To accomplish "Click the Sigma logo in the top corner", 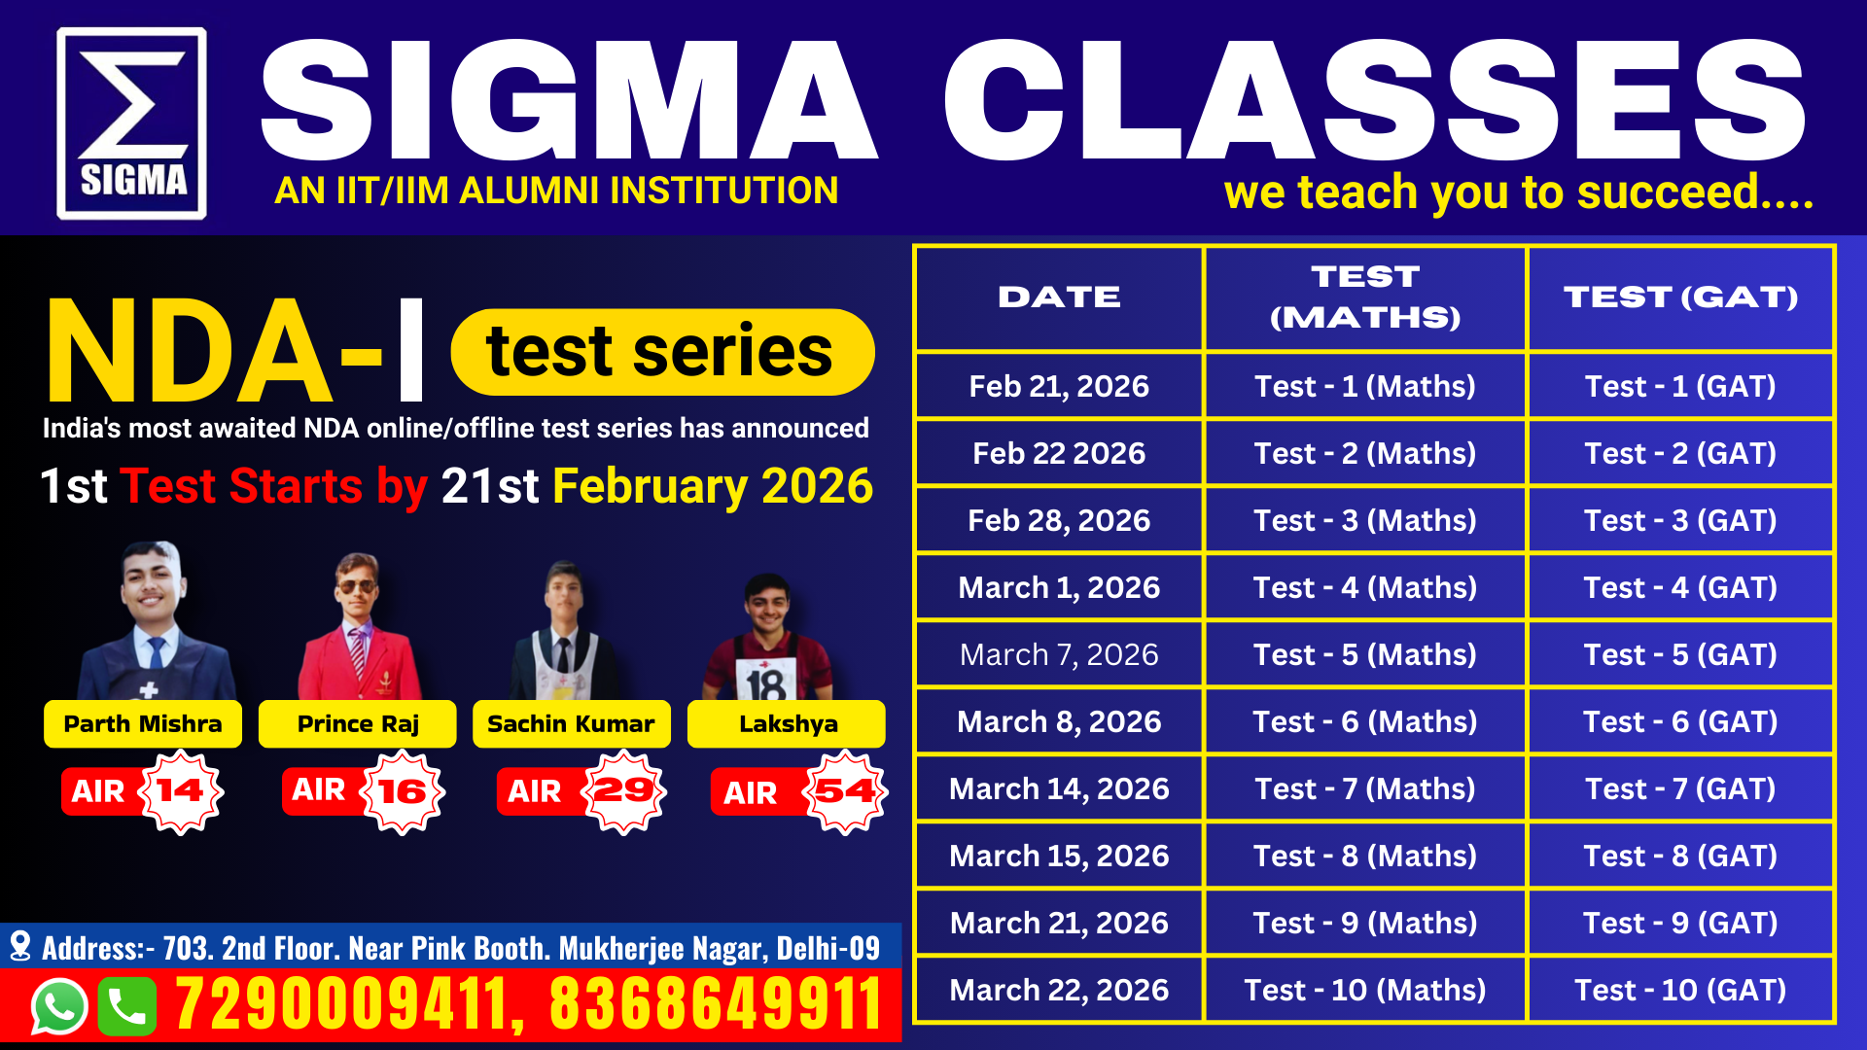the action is pyautogui.click(x=131, y=122).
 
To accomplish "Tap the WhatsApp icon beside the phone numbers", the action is pyautogui.click(x=59, y=1006).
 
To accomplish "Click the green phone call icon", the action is pyautogui.click(x=126, y=1006).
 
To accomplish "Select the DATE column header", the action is pyautogui.click(x=1059, y=297).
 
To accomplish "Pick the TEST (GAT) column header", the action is pyautogui.click(x=1680, y=297).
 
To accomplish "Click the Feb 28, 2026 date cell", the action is pyautogui.click(x=1059, y=520).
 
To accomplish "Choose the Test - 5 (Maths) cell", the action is pyautogui.click(x=1365, y=654).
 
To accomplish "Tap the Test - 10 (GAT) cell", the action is pyautogui.click(x=1680, y=990).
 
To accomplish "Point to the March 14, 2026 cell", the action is pyautogui.click(x=1059, y=788).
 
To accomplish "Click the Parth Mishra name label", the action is pyautogui.click(x=143, y=724).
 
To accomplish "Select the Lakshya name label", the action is pyautogui.click(x=787, y=724).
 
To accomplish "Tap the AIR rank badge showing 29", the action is pyautogui.click(x=581, y=791).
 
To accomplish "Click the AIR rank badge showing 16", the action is pyautogui.click(x=364, y=791).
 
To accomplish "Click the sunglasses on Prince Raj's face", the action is pyautogui.click(x=356, y=585).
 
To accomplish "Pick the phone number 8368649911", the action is pyautogui.click(x=717, y=1004).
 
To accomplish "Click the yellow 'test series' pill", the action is pyautogui.click(x=662, y=352).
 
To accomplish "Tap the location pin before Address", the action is pyautogui.click(x=19, y=947).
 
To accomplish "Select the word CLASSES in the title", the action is pyautogui.click(x=1374, y=100).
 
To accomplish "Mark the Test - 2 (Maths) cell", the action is pyautogui.click(x=1365, y=453).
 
